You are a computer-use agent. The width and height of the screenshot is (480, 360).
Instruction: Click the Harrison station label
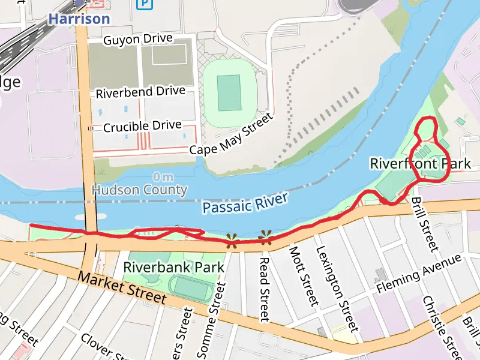(x=79, y=19)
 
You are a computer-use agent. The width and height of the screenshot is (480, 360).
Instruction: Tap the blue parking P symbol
(x=144, y=5)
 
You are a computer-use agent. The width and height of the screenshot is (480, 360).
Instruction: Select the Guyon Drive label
(x=138, y=40)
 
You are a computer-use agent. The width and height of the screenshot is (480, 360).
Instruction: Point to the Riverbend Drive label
(x=140, y=93)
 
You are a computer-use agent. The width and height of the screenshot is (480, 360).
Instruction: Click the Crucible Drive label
(x=142, y=126)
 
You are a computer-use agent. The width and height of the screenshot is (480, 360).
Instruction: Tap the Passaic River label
(x=245, y=203)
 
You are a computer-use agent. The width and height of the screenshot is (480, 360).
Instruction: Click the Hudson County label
(x=140, y=190)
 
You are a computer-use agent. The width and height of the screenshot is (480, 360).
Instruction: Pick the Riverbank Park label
(x=173, y=267)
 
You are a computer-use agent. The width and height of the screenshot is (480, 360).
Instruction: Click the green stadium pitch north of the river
(x=229, y=93)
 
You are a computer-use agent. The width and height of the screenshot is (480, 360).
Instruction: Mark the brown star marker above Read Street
(x=265, y=238)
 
